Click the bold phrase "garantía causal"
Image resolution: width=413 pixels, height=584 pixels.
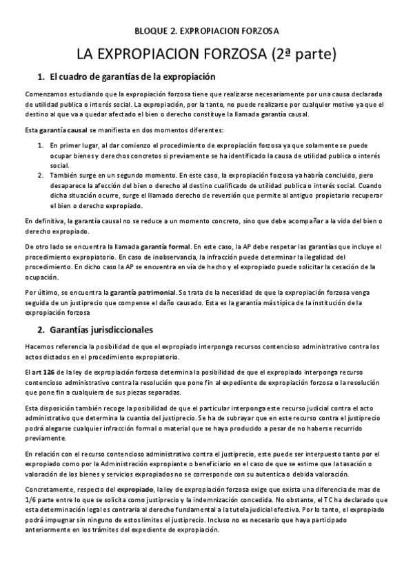click(63, 129)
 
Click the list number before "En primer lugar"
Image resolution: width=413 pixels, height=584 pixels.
click(40, 146)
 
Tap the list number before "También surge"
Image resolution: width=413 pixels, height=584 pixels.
click(40, 176)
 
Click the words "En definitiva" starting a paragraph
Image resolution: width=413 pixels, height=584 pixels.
click(43, 220)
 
